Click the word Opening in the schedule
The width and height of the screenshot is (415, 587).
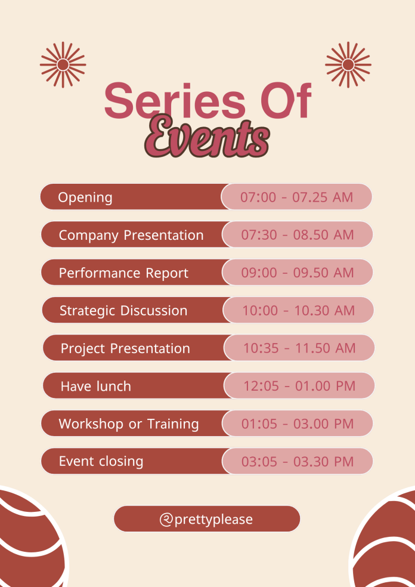click(85, 197)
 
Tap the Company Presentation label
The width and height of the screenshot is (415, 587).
click(131, 235)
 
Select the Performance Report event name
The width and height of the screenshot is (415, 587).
click(123, 273)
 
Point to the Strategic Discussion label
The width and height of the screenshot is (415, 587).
click(123, 311)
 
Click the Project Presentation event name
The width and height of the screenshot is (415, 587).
click(125, 348)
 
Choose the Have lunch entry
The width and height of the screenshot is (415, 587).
click(96, 386)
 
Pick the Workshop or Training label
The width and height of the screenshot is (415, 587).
click(129, 424)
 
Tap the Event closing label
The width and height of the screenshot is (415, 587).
click(101, 461)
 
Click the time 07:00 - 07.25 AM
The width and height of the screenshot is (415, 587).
click(297, 197)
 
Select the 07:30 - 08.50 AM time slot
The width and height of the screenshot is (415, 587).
click(298, 234)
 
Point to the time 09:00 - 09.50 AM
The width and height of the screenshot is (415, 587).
click(298, 273)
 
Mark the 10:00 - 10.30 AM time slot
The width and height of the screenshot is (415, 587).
click(299, 310)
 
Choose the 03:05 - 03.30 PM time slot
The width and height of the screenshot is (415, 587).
click(298, 461)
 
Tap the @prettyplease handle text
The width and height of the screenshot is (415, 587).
click(206, 519)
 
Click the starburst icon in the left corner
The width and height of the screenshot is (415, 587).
click(63, 65)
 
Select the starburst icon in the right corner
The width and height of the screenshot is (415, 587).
click(348, 65)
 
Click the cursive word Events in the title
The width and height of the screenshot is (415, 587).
click(207, 136)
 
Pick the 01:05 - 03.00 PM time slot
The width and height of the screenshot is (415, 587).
click(298, 424)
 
